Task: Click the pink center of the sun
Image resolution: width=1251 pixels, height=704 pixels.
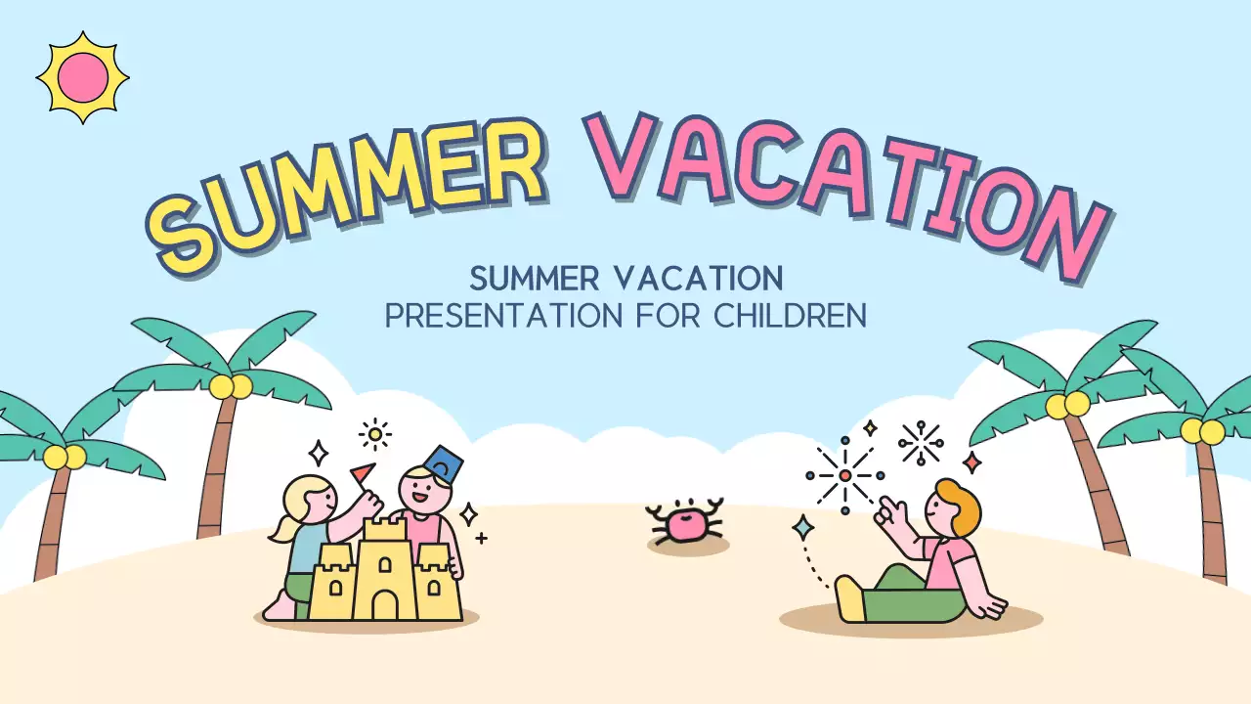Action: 82,77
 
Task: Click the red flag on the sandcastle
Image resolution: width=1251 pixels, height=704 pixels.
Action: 363,473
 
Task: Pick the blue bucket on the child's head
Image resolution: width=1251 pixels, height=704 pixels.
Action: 444,462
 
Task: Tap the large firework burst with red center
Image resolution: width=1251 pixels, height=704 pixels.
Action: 844,476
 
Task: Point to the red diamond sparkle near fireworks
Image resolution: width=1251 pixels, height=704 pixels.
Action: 971,462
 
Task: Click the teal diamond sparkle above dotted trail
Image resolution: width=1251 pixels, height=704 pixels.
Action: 803,528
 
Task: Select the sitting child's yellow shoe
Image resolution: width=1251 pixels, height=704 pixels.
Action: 849,598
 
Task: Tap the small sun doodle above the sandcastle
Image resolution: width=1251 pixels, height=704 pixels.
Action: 374,434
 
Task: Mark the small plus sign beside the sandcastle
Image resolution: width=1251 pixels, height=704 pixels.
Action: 481,538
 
